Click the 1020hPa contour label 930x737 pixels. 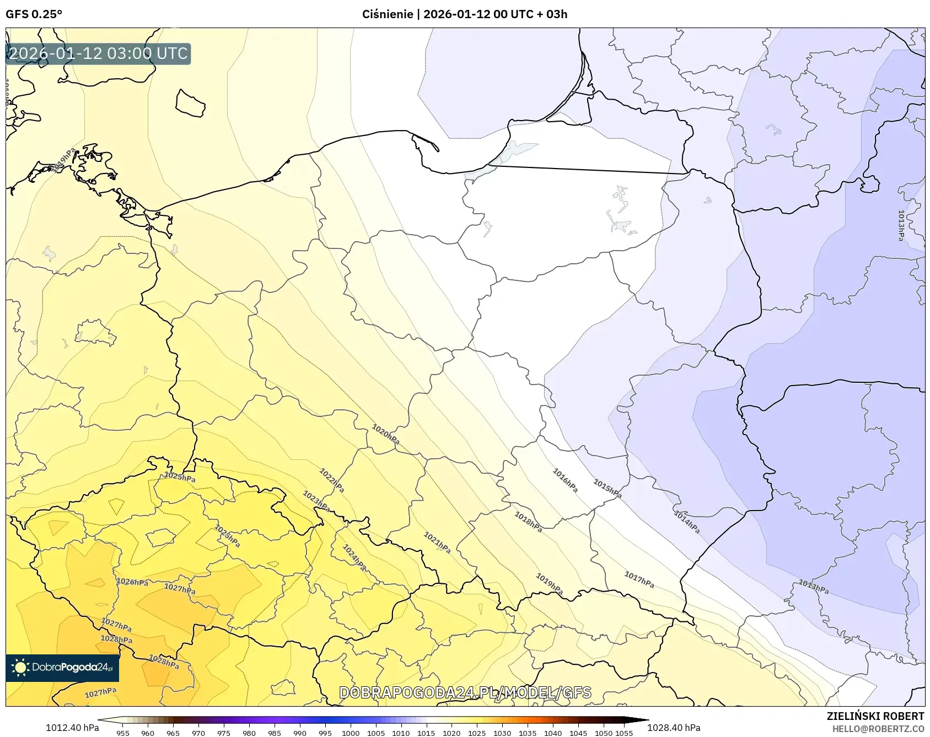(385, 434)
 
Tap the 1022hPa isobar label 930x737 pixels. (332, 480)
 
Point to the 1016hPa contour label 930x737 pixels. (565, 480)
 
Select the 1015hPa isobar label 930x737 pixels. (607, 489)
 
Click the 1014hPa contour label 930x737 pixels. (686, 521)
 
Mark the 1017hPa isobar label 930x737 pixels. (639, 579)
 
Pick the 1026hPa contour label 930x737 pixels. (132, 582)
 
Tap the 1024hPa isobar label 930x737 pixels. (354, 557)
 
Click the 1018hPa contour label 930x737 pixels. (528, 522)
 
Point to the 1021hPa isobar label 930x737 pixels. (437, 543)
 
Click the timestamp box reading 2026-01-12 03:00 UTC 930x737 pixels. (98, 53)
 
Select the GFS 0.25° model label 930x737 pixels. (34, 14)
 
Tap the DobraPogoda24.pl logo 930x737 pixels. (62, 668)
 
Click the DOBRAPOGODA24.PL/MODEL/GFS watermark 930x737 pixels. (465, 692)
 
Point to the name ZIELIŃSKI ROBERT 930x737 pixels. (875, 716)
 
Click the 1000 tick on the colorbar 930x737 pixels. (351, 733)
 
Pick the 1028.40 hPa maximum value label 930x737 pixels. (674, 728)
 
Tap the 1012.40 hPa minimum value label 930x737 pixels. (72, 728)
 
